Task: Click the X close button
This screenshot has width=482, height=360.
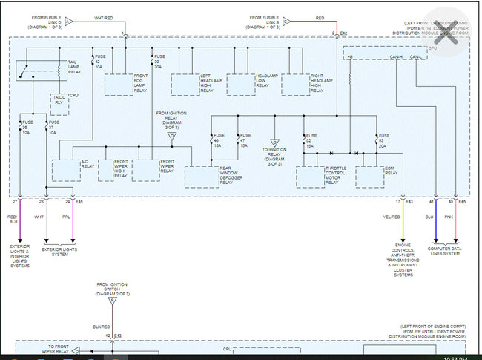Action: click(445, 36)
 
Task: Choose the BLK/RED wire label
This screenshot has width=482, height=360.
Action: click(102, 325)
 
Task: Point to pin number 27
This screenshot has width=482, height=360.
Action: click(15, 202)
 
